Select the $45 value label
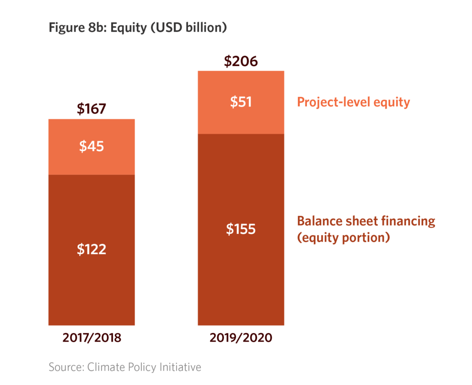tap(91, 147)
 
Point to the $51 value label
tap(241, 102)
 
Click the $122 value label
tap(91, 249)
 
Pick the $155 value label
tap(241, 229)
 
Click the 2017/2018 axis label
tap(91, 338)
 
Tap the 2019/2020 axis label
tap(241, 338)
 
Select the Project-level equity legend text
tap(353, 102)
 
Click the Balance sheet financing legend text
tap(366, 221)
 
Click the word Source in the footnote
tap(63, 367)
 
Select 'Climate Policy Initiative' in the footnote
tap(142, 367)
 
